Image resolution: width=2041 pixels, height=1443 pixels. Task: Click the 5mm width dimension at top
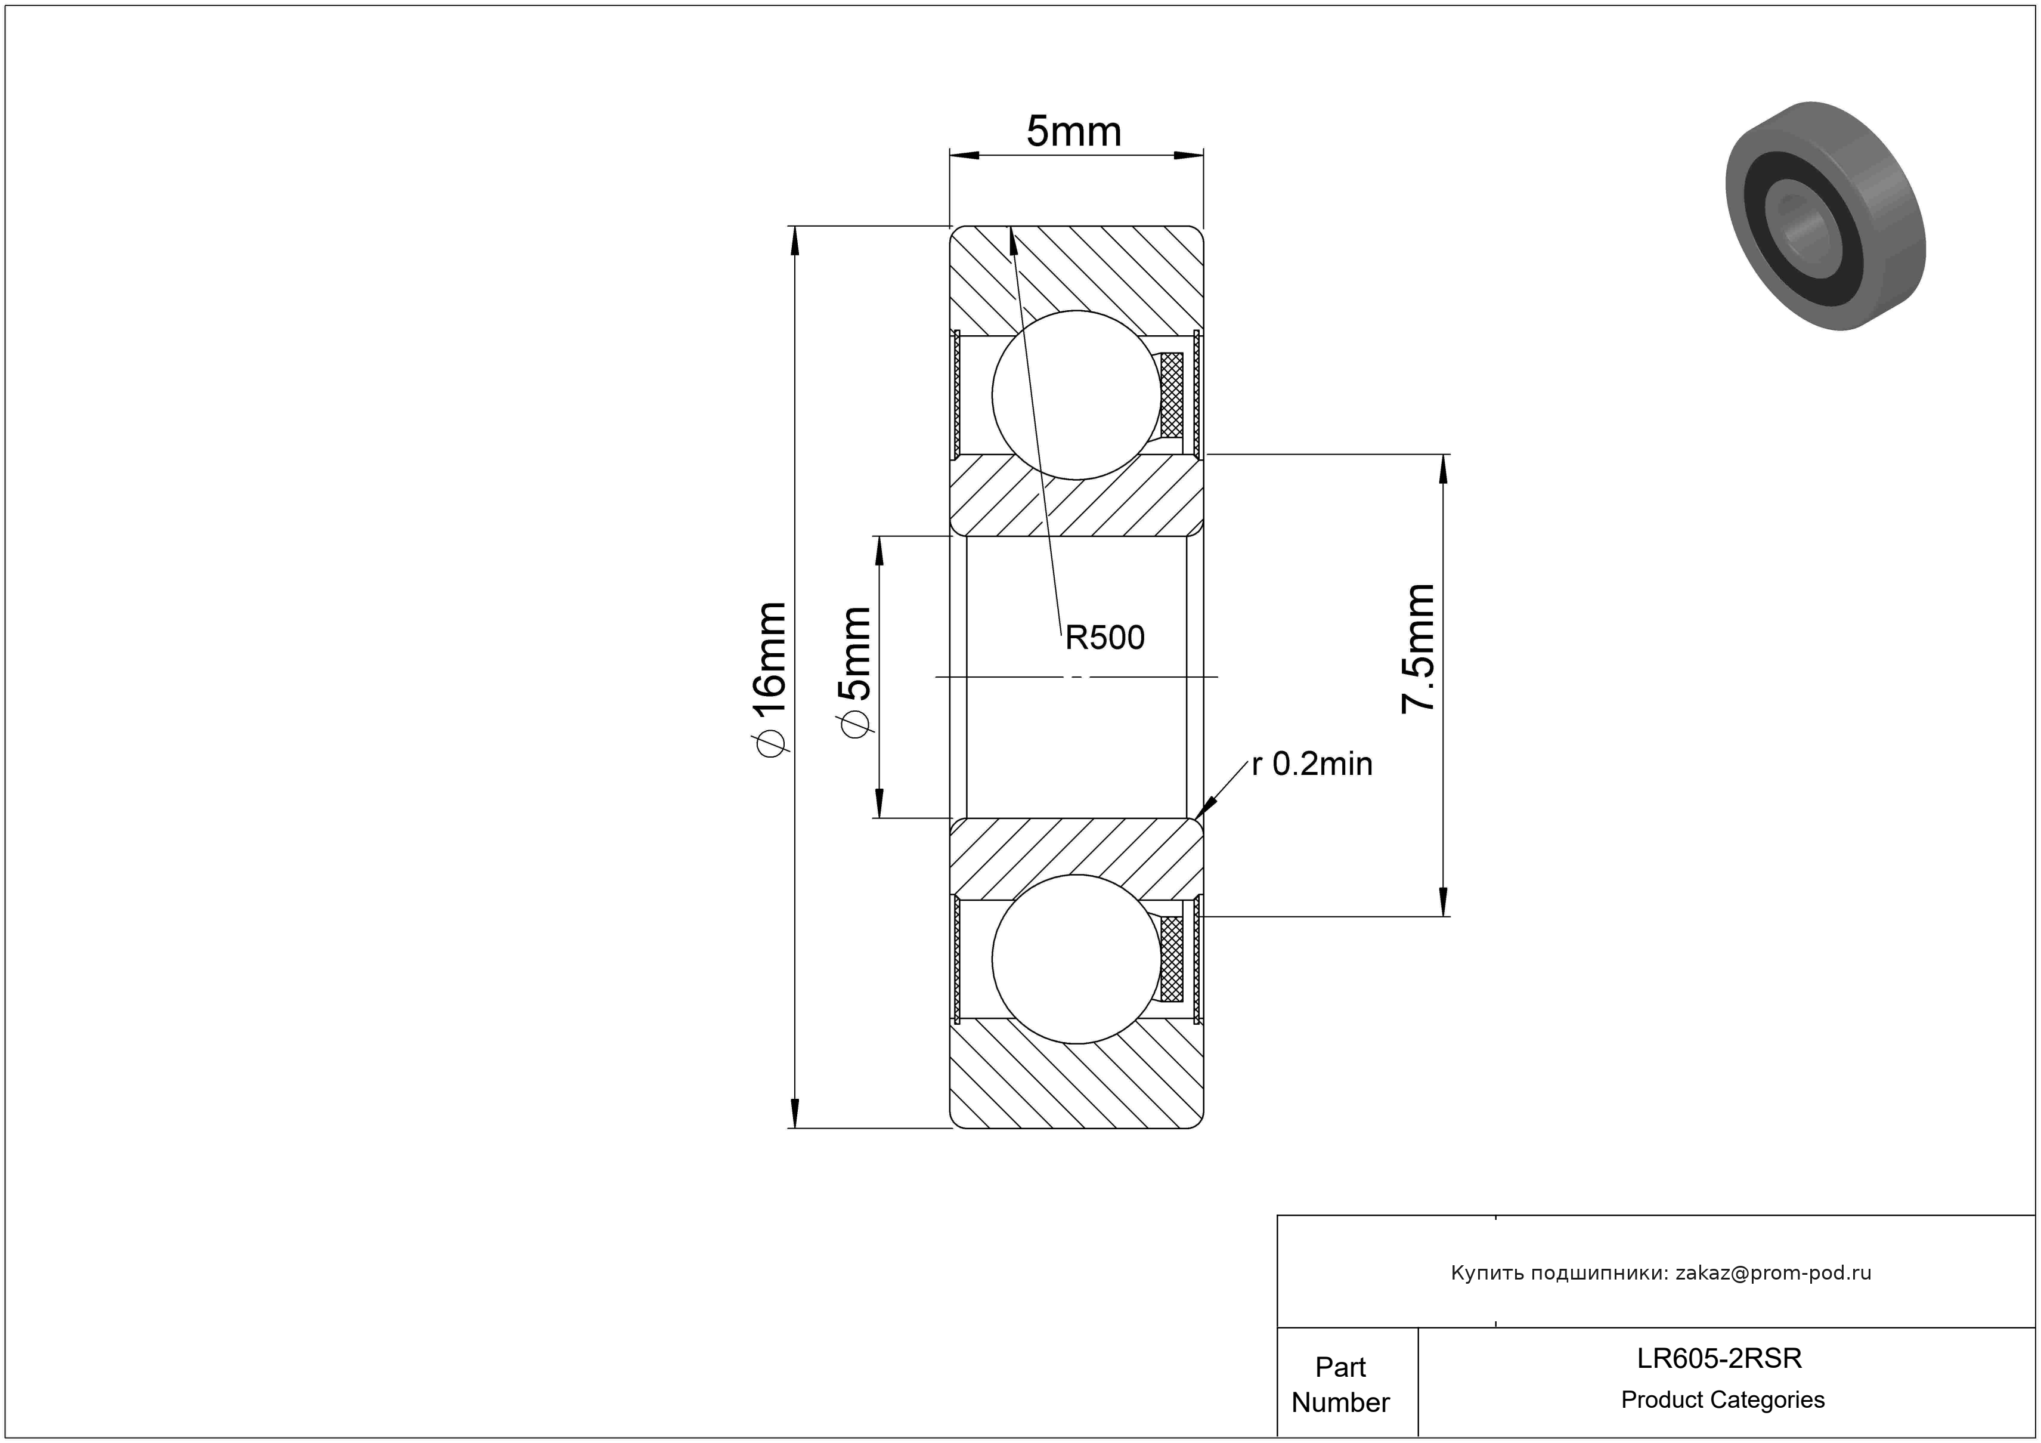pyautogui.click(x=1074, y=132)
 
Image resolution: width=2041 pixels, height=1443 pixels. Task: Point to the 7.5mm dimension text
pyautogui.click(x=1417, y=649)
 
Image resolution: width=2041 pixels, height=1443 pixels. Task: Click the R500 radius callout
pyautogui.click(x=1105, y=638)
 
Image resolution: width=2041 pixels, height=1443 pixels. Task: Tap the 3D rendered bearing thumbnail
pyautogui.click(x=1825, y=216)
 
